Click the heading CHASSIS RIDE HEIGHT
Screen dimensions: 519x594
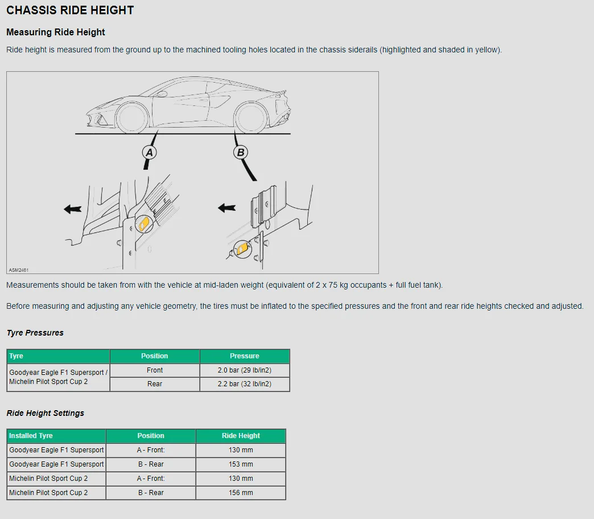pos(70,10)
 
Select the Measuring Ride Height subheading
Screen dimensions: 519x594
pos(56,32)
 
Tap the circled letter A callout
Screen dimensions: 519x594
pos(149,152)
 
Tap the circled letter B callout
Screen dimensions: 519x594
pos(241,152)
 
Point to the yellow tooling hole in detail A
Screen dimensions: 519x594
pos(144,223)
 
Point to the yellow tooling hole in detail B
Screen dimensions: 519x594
pos(243,248)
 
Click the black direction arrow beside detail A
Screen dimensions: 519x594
pos(73,209)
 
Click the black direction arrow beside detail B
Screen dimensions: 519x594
pos(227,208)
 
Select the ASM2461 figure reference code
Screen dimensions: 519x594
pos(19,270)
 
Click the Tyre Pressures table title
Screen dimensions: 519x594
pos(35,333)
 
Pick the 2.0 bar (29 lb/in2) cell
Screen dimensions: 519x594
pos(245,370)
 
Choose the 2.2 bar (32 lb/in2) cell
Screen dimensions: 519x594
pos(245,384)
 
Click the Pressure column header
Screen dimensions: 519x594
pos(245,356)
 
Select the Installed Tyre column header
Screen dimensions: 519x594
pos(31,436)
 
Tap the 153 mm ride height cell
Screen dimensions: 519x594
pos(241,464)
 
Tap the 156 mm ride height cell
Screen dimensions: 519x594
pos(241,493)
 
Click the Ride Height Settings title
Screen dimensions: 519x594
pos(46,413)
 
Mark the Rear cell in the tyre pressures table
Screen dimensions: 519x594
pos(155,384)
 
